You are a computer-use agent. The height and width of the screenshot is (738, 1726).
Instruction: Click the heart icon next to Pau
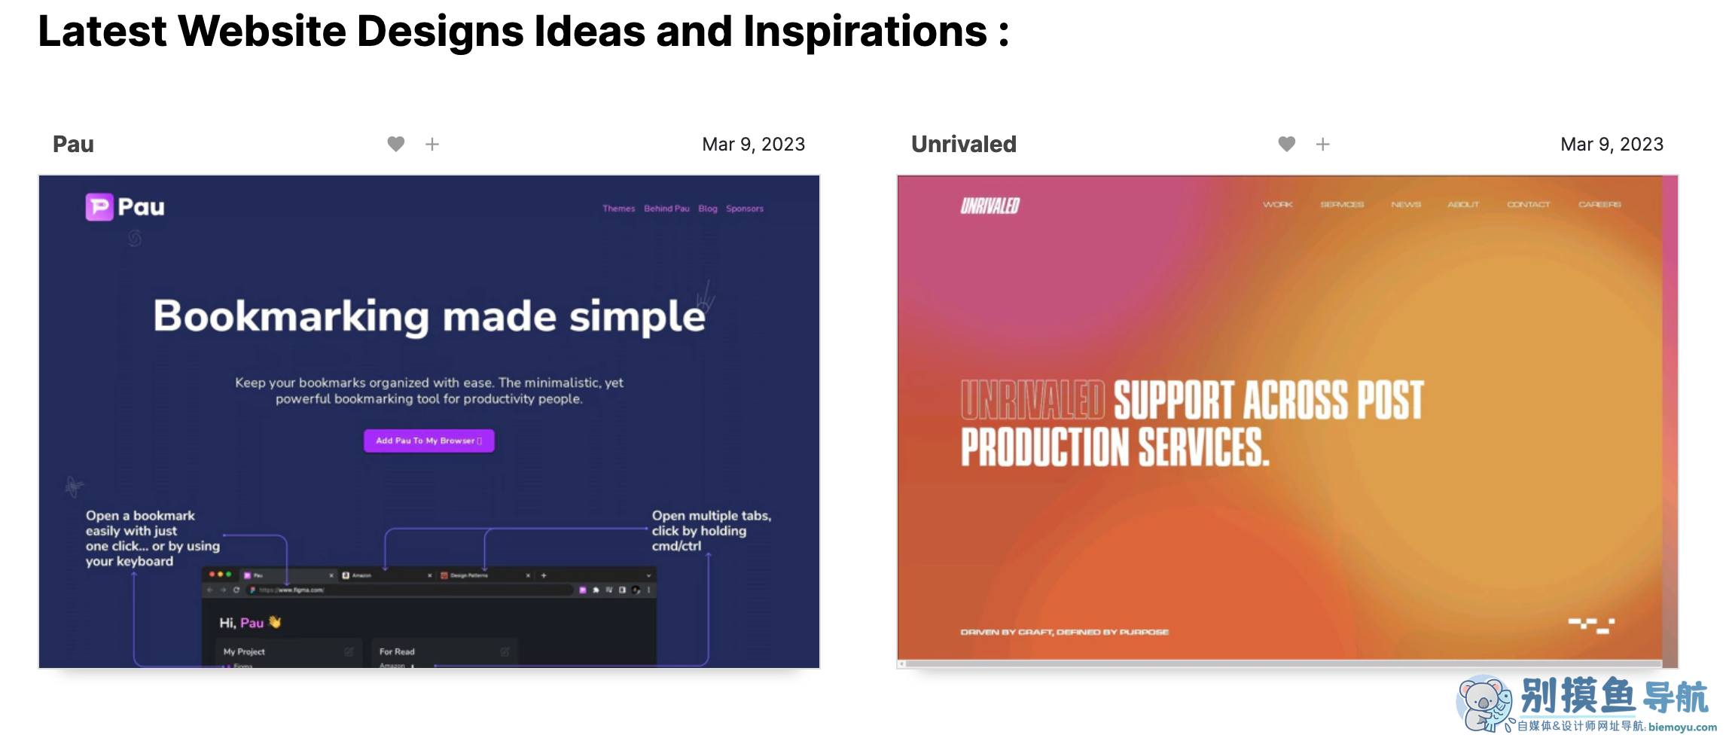coord(396,144)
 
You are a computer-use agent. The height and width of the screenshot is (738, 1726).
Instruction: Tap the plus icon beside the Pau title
coord(432,144)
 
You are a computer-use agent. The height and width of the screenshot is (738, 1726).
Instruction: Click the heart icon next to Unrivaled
coord(1287,144)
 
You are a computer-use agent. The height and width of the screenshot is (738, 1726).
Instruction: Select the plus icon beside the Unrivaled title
coord(1323,144)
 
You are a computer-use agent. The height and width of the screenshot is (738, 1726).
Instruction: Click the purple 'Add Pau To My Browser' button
coord(428,441)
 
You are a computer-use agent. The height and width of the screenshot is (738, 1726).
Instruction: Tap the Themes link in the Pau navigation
coord(618,209)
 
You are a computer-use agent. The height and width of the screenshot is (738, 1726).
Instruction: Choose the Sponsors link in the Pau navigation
coord(744,209)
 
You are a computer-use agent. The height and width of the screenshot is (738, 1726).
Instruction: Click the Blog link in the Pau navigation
coord(707,209)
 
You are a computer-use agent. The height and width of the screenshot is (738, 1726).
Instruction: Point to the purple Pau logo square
coord(99,207)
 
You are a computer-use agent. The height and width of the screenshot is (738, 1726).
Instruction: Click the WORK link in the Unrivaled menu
coord(1278,205)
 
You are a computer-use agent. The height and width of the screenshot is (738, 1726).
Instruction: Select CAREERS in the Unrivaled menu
coord(1599,205)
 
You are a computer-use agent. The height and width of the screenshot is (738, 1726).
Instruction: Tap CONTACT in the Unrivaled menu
coord(1528,205)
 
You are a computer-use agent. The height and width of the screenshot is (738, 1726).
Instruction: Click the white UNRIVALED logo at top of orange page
coord(990,206)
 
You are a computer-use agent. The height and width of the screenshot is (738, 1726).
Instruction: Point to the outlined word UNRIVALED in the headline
coord(1032,400)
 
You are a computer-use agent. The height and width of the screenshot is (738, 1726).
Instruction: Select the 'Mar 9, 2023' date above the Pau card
coord(753,144)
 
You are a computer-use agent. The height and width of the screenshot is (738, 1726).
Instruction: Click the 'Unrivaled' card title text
coord(963,144)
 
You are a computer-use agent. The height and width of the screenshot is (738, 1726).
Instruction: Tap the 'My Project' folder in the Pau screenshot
coord(245,651)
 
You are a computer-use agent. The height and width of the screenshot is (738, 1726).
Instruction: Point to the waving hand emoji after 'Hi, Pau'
coord(275,622)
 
